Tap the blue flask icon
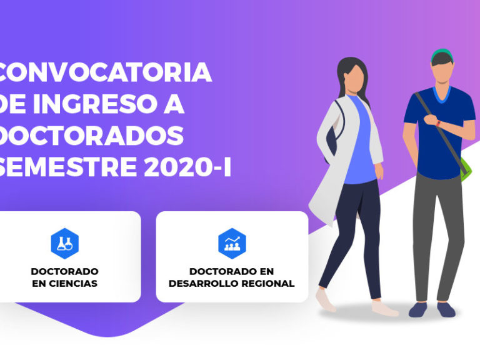pos(64,243)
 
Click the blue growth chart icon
pos(232,243)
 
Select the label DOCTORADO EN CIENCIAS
pos(64,277)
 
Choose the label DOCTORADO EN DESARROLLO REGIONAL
pos(232,277)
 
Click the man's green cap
pos(441,52)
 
